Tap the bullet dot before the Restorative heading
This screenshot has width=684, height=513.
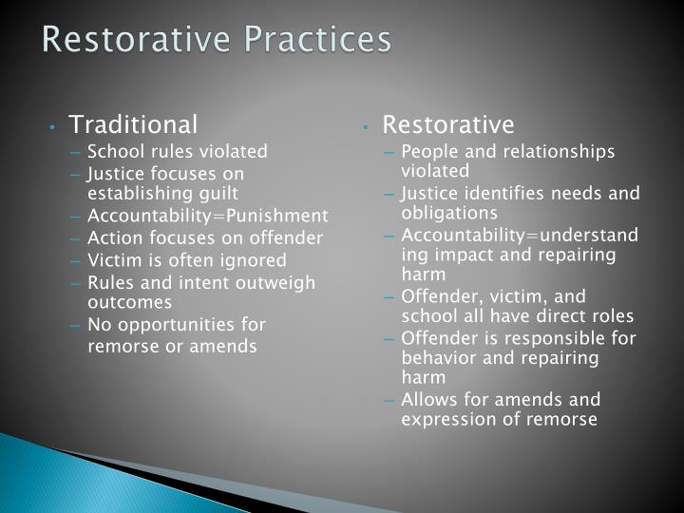click(x=367, y=125)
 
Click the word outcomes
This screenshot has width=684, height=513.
click(x=129, y=302)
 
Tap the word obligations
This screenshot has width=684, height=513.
click(x=449, y=212)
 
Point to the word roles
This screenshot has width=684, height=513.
click(x=613, y=315)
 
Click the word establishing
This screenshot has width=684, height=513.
click(x=129, y=193)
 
